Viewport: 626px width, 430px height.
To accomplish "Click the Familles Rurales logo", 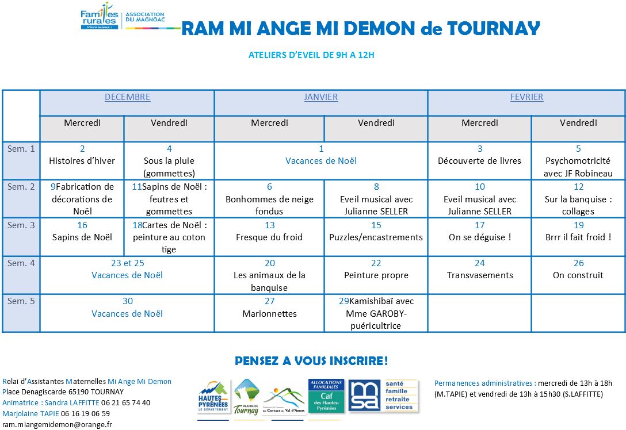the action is click(100, 16).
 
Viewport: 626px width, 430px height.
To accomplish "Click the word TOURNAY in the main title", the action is click(494, 28).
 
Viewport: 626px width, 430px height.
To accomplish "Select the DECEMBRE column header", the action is click(127, 97).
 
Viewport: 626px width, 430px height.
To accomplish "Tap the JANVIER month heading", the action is click(321, 97).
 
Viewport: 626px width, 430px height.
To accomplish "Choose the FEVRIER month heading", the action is click(526, 97).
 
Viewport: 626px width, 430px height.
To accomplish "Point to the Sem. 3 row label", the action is click(21, 225).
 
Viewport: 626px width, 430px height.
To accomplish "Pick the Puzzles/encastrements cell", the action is click(376, 237).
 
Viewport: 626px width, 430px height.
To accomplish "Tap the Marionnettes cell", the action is click(269, 313).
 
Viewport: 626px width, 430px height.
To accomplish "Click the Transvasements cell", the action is click(480, 275).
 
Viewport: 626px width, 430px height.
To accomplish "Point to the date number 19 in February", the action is click(578, 225).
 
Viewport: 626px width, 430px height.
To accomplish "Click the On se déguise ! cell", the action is click(480, 237).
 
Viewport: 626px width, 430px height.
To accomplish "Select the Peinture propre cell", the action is click(376, 275).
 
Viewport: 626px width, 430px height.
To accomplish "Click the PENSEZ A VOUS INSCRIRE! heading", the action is click(311, 361).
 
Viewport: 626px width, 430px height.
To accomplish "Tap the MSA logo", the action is click(383, 396).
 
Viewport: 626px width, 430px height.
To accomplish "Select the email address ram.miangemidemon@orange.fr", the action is click(57, 424).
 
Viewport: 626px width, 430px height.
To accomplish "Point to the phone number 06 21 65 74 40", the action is click(126, 403).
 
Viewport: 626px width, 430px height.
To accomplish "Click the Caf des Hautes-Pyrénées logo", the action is click(326, 396).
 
